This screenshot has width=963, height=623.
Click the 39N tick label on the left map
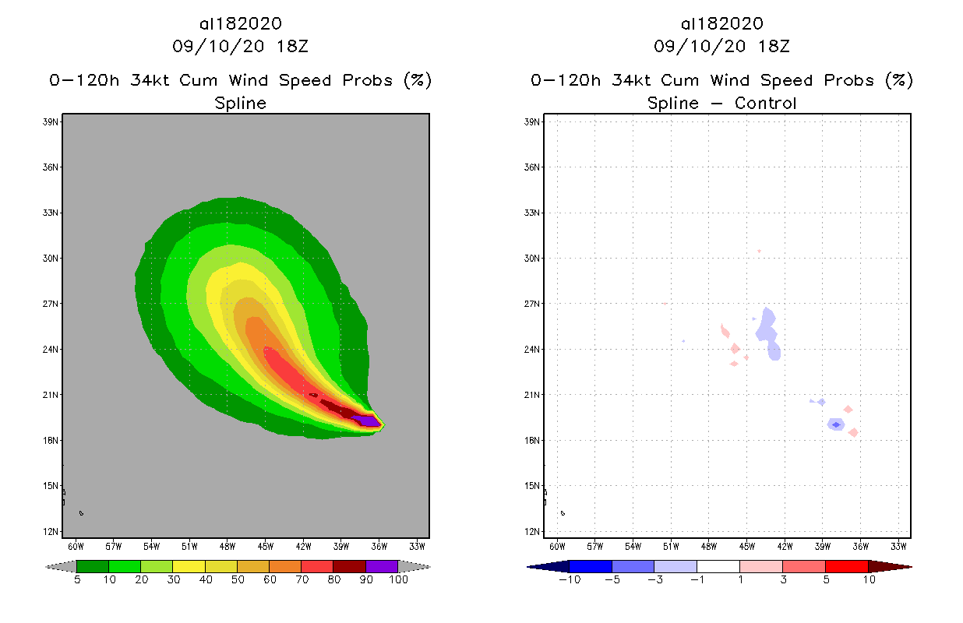pos(51,121)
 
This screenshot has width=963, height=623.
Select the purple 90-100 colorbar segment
pos(382,566)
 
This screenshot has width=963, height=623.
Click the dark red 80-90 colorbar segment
pos(349,566)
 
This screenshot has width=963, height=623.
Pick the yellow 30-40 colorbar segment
pos(189,566)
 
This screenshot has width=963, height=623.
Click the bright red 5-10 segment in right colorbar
pos(846,566)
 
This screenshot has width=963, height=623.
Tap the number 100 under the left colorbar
pos(398,580)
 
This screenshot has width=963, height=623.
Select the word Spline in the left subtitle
pos(240,103)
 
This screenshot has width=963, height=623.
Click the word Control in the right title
pos(760,103)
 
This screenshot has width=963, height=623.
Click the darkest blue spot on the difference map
pos(836,424)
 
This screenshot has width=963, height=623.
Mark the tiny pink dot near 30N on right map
pos(759,251)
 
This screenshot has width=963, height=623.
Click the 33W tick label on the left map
pos(417,545)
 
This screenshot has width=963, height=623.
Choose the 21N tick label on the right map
pos(533,395)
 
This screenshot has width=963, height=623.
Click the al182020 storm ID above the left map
pos(240,24)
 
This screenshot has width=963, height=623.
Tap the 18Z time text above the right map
pos(774,46)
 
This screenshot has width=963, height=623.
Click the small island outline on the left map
pos(80,512)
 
